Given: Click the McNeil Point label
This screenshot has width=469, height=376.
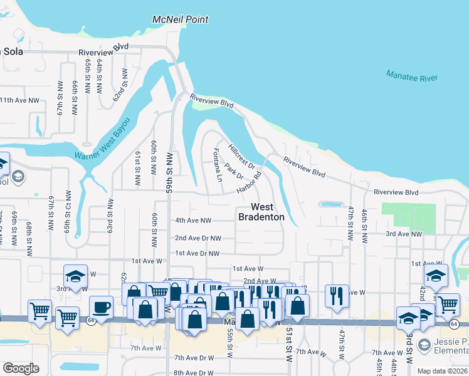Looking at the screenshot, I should click(180, 19).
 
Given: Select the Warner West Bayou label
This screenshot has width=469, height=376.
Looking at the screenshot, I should click(102, 138).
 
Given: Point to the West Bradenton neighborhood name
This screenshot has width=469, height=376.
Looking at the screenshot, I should click(261, 212).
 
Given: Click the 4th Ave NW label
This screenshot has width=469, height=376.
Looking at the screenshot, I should click(193, 220).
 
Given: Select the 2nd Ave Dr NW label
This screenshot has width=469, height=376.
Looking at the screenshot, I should click(198, 238).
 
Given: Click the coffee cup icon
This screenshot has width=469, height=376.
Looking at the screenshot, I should click(101, 307).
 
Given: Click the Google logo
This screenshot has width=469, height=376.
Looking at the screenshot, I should click(21, 368).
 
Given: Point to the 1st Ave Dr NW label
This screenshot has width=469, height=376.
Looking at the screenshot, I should click(198, 253).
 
